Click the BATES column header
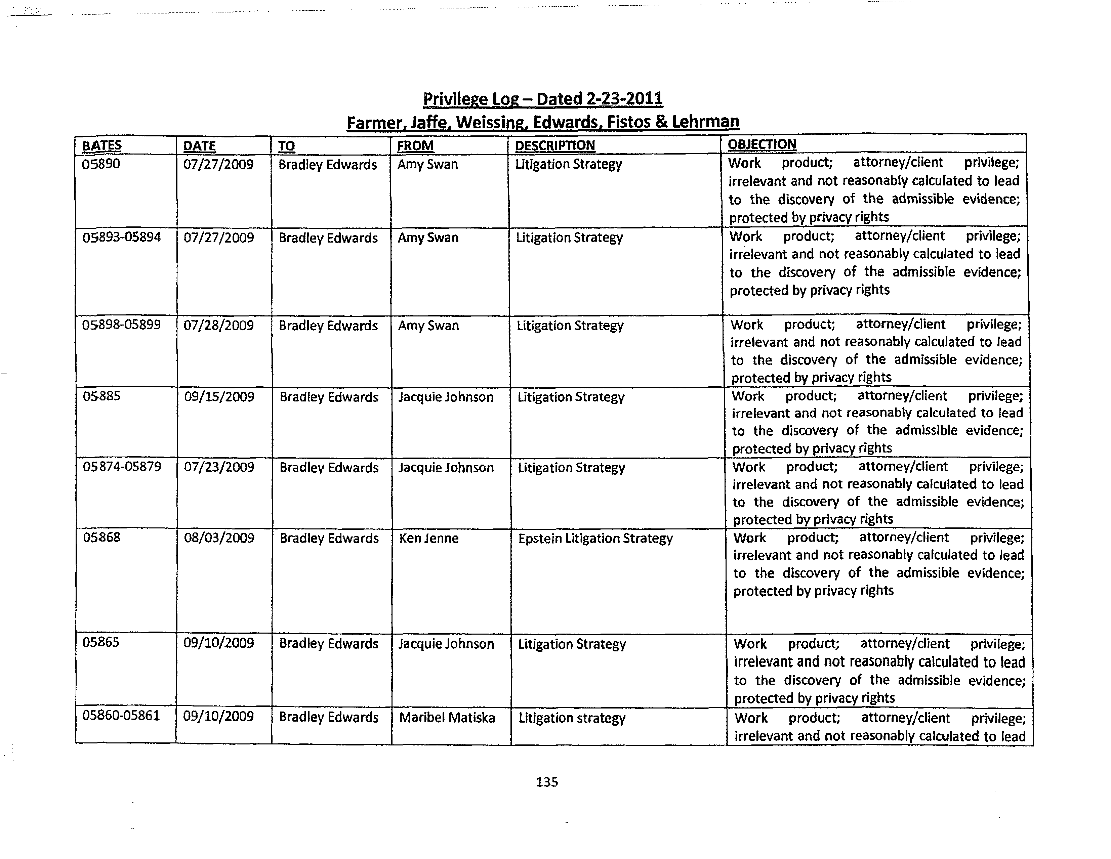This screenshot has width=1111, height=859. point(102,146)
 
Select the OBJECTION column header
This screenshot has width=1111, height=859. point(762,144)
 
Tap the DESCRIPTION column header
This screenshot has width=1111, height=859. point(554,145)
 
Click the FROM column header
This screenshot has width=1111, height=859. point(415,146)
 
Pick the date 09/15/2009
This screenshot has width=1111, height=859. point(219,397)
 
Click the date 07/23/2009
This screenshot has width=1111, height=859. point(219,467)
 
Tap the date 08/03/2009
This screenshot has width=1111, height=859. point(219,538)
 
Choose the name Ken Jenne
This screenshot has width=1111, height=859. point(429,538)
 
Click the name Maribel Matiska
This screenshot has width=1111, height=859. point(447,718)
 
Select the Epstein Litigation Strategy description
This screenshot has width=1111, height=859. point(595,538)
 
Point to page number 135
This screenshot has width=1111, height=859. point(547,782)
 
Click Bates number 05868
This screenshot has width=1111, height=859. point(101,537)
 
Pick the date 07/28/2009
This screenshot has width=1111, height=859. point(219,326)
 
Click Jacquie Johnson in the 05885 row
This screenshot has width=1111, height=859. point(446,397)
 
